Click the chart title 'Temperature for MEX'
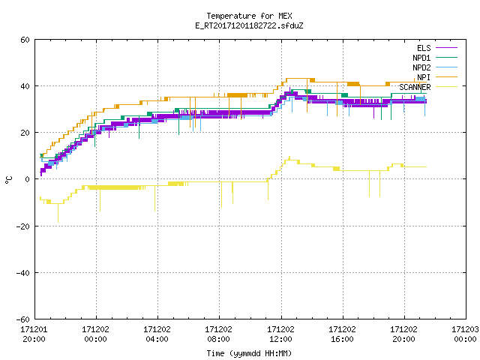pos(249,16)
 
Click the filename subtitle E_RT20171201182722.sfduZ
pos(249,25)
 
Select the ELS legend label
pos(424,48)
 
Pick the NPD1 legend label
pos(421,58)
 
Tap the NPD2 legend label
pos(421,67)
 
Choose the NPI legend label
pos(424,77)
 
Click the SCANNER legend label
pos(415,87)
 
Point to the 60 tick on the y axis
pos(25,40)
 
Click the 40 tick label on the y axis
pos(25,86)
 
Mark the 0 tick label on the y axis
pos(28,179)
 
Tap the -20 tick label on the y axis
pos(23,226)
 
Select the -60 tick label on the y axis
pos(23,319)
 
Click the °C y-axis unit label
pos(8,180)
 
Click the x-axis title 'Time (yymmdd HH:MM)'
pos(249,353)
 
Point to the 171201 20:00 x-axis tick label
pos(34,334)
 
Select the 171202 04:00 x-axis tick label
pos(157,334)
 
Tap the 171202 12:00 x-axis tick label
pos(280,334)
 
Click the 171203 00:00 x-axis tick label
pos(465,334)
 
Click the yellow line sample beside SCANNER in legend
pos(447,87)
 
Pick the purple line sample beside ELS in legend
pos(447,48)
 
